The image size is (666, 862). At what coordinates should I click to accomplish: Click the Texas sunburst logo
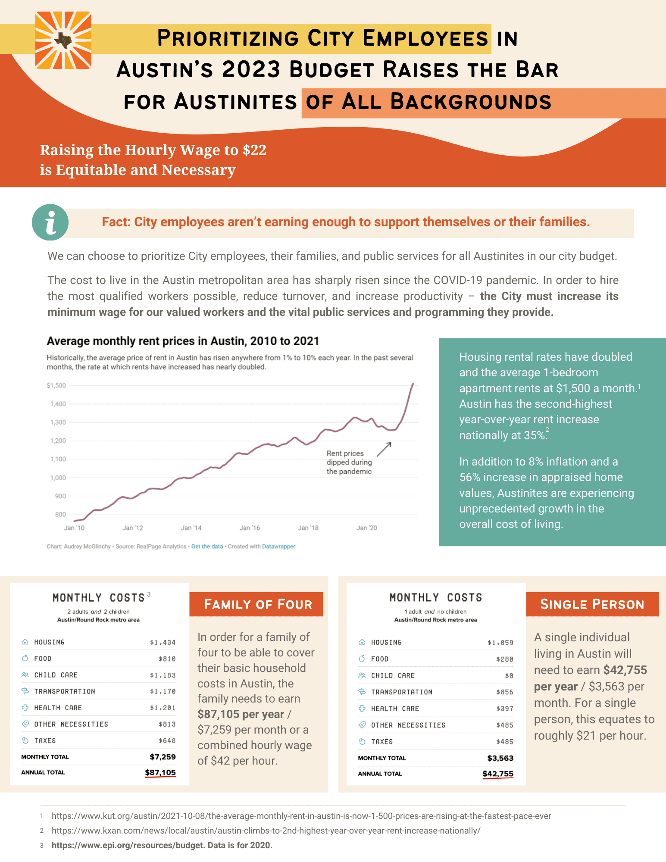pos(63,41)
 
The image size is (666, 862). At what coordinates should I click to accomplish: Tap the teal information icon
pos(50,222)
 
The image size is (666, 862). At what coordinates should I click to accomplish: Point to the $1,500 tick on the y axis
pos(56,385)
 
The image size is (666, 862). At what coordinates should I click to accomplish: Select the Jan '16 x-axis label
pos(250,528)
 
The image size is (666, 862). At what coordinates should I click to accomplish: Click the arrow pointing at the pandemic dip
pos(384,450)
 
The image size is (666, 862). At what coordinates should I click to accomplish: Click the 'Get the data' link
pos(207,547)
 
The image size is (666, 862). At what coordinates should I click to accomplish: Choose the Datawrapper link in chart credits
pos(278,547)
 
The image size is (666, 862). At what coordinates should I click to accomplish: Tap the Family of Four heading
pos(257,604)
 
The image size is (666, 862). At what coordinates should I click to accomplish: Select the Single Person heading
pos(592,604)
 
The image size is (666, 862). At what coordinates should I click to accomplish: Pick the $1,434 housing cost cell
pos(163,642)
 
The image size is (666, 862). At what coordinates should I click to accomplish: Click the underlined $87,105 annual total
pos(160,772)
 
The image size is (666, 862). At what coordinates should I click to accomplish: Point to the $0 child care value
pos(509,676)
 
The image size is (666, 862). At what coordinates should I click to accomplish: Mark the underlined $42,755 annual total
pos(498,774)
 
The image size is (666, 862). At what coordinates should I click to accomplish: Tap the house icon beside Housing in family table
pos(25,642)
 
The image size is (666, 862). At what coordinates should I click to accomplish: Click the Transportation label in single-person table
pos(402,692)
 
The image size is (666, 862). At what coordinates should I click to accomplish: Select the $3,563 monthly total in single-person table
pos(500,758)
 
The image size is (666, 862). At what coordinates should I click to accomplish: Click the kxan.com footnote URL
pos(266,831)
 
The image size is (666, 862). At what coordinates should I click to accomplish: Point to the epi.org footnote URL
pos(127,845)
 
